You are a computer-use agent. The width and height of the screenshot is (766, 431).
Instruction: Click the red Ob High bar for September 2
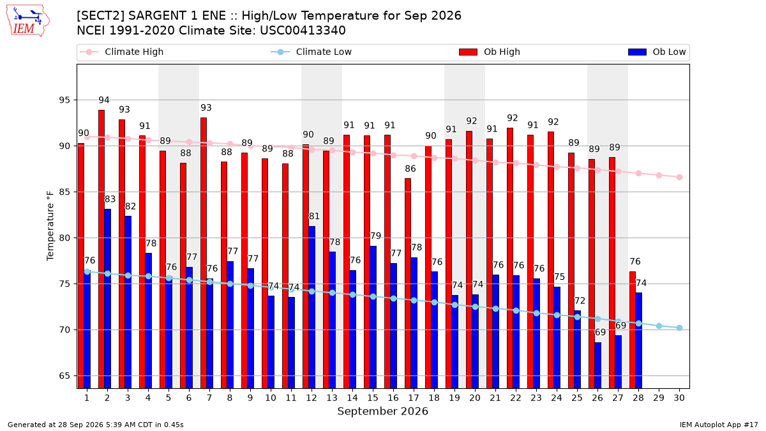(x=101, y=249)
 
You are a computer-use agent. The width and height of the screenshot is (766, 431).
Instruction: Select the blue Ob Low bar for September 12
(x=312, y=307)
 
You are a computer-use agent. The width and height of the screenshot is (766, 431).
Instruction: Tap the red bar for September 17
(x=408, y=284)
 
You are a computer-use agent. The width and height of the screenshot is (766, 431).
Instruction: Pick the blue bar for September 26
(x=597, y=365)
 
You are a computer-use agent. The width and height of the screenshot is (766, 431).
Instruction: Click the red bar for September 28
(x=633, y=329)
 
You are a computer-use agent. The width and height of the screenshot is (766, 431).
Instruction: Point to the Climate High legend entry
(x=122, y=52)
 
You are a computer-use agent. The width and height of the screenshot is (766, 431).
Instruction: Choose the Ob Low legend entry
(x=657, y=52)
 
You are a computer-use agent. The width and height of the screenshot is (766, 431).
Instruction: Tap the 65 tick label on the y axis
(x=64, y=376)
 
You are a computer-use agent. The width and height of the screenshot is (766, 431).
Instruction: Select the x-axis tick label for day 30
(x=679, y=398)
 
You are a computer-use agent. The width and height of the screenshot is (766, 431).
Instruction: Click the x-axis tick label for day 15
(x=373, y=398)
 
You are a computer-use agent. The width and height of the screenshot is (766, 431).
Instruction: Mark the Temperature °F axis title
(x=50, y=226)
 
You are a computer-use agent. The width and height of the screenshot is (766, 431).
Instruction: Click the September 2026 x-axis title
(x=382, y=411)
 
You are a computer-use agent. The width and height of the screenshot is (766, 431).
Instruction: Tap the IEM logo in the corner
(x=27, y=21)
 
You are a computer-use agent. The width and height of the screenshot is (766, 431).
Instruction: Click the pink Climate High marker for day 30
(x=679, y=178)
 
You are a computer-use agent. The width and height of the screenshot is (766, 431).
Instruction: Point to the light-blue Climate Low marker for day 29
(x=659, y=326)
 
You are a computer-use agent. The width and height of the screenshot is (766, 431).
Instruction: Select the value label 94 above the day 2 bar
(x=104, y=100)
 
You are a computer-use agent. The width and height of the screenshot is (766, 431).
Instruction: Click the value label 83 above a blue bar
(x=110, y=199)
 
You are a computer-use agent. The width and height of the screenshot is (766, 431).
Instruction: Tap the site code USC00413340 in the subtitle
(x=303, y=31)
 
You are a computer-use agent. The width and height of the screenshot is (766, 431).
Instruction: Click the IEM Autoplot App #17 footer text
(x=719, y=425)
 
